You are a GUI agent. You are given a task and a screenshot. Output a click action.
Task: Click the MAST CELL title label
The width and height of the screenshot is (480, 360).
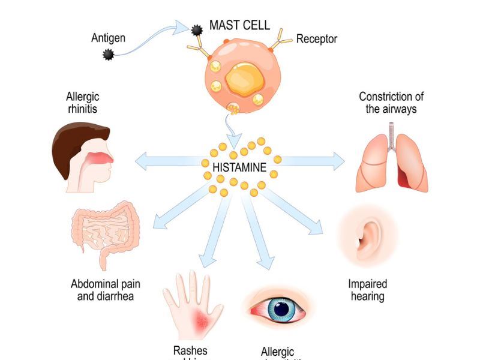coord(239,26)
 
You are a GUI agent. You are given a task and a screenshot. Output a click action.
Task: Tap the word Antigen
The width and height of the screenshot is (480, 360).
coord(108,38)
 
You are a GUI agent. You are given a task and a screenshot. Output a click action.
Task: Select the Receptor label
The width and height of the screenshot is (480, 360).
coord(317,39)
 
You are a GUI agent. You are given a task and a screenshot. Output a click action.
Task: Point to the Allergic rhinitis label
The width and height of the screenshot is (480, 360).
coord(83,103)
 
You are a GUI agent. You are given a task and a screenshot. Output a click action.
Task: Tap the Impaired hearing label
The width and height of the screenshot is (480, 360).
coord(367,290)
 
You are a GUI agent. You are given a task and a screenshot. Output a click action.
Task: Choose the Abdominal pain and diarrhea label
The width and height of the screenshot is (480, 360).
coord(106,290)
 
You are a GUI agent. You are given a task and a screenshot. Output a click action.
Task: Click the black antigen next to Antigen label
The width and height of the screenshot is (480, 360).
coord(109,55)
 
